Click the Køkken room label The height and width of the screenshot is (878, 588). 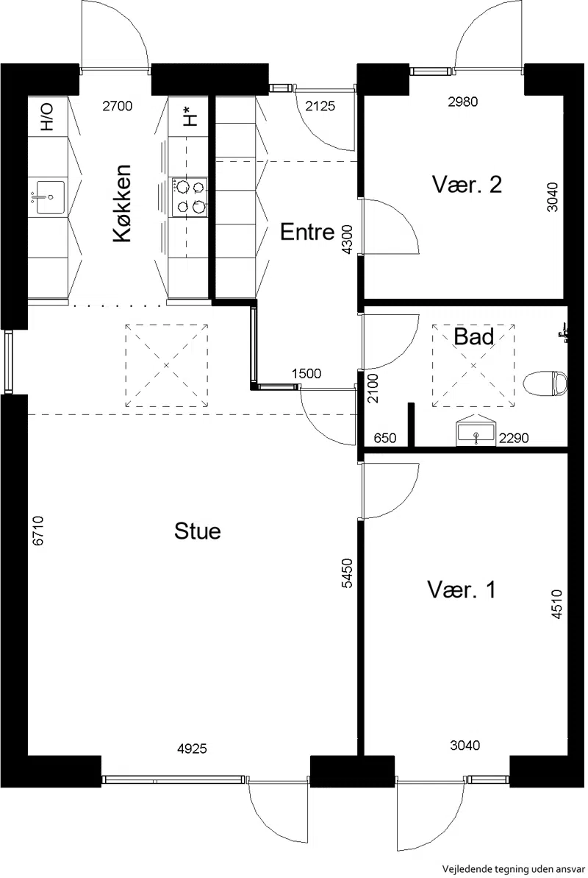coord(123,203)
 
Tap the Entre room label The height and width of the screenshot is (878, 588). coord(307,231)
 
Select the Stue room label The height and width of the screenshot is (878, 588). coord(198,531)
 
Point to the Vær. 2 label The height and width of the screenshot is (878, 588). coord(467,184)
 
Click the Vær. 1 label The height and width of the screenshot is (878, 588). coord(462,590)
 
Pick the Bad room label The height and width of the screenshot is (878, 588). coord(474,336)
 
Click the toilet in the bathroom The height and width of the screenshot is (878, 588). coord(545,383)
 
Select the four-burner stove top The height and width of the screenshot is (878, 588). coord(189,198)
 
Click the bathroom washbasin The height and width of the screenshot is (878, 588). coord(476,431)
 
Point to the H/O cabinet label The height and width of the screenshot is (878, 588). coord(48,116)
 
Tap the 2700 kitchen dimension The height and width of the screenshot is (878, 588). coord(118,105)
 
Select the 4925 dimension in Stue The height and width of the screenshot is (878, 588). coord(192,748)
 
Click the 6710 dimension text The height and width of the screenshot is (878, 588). coord(38,531)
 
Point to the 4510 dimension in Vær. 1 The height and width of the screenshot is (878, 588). coord(556,604)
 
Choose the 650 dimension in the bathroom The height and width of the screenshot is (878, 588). coord(385,437)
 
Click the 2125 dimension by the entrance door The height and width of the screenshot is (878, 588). coord(320,105)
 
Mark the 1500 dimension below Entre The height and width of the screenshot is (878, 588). coord(306,373)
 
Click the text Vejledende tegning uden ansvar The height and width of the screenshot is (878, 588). coord(514,869)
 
